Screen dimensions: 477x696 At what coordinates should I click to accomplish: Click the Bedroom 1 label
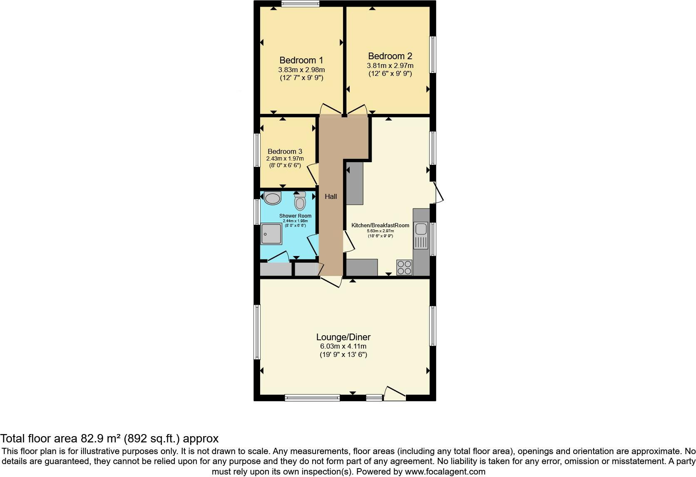pos(301,60)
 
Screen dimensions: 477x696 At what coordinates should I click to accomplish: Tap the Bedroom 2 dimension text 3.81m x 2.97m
pos(390,66)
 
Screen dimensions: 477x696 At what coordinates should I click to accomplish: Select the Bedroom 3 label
pos(285,152)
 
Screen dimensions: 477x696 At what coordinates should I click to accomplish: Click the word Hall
pos(331,196)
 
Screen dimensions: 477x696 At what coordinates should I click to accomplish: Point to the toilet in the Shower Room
pos(300,201)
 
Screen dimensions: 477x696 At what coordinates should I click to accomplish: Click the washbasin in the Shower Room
pos(273,198)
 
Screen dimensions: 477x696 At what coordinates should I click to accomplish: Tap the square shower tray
pos(271,234)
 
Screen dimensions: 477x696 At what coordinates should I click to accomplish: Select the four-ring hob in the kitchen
pos(404,267)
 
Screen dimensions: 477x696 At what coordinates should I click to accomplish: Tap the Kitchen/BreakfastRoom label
pos(380,225)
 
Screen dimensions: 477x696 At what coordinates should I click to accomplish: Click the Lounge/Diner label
pos(343,337)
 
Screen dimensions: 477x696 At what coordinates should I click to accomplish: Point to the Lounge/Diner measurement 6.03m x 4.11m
pos(343,346)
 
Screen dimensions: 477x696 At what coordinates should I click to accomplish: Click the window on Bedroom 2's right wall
pos(433,55)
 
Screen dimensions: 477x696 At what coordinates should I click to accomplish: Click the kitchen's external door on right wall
pos(438,193)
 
